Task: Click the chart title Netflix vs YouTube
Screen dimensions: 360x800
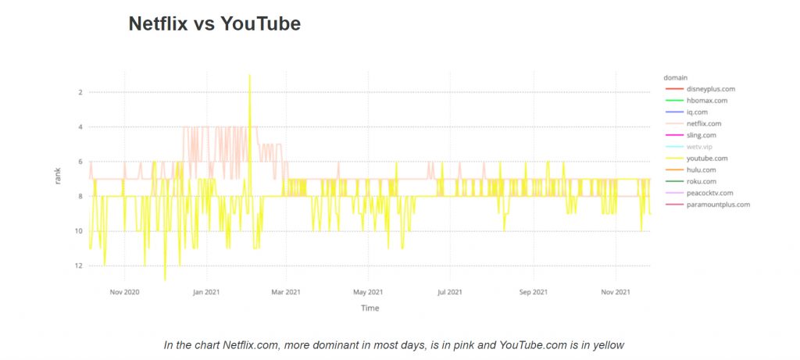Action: [214, 24]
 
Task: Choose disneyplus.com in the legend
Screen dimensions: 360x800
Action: [710, 89]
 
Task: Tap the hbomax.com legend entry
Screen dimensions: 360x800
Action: [706, 101]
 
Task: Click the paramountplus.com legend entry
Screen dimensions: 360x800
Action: [718, 205]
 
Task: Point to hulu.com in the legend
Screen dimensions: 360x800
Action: [701, 169]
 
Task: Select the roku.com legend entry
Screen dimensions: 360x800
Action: [701, 181]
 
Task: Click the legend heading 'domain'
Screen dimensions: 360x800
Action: [675, 77]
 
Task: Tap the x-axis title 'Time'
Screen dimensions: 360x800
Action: [370, 308]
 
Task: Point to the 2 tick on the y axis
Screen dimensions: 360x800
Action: [80, 92]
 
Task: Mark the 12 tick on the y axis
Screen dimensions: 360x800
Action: [79, 266]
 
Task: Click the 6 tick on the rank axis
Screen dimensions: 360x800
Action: [80, 162]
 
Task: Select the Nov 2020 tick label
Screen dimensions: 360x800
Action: [125, 292]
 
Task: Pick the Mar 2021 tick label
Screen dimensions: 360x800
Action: [286, 292]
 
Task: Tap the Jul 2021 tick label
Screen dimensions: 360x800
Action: [450, 292]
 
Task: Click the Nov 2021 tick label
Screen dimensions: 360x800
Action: [616, 292]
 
